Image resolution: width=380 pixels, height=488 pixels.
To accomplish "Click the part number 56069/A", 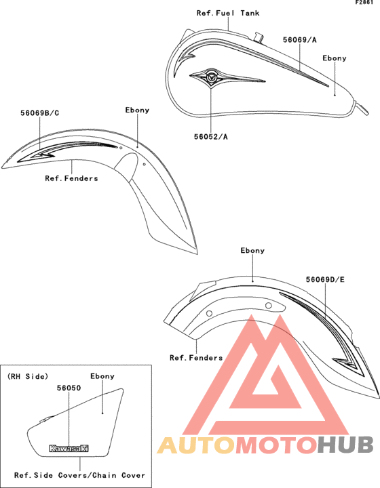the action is pyautogui.click(x=300, y=40).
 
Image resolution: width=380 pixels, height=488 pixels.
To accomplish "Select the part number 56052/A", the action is pyautogui.click(x=211, y=137).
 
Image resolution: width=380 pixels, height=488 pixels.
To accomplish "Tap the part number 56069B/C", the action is pyautogui.click(x=40, y=113).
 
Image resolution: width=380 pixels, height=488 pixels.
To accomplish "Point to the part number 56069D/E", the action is pyautogui.click(x=325, y=279).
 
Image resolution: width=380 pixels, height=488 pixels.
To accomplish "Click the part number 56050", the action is pyautogui.click(x=69, y=388).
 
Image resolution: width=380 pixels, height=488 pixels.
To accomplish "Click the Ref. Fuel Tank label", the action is pyautogui.click(x=228, y=13).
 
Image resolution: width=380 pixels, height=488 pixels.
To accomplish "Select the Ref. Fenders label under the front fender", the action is pyautogui.click(x=72, y=178).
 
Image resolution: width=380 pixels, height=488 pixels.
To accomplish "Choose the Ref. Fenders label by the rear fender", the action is pyautogui.click(x=196, y=358).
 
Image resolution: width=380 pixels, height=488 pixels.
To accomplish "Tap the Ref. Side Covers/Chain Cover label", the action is pyautogui.click(x=80, y=475).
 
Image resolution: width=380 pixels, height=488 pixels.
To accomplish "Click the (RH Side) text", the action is pyautogui.click(x=28, y=376).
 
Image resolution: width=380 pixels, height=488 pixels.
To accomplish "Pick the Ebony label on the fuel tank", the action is pyautogui.click(x=335, y=58).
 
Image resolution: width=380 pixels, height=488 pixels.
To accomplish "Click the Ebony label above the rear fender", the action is pyautogui.click(x=252, y=251).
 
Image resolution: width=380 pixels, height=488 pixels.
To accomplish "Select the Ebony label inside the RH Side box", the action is pyautogui.click(x=102, y=376).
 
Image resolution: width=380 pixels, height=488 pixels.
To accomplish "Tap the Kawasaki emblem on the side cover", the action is pyautogui.click(x=69, y=448).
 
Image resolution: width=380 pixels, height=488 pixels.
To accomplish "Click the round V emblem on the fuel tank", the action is pyautogui.click(x=212, y=77).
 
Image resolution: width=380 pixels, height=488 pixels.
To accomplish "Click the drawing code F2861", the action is pyautogui.click(x=364, y=3).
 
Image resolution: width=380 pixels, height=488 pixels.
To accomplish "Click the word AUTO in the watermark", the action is pyautogui.click(x=196, y=445).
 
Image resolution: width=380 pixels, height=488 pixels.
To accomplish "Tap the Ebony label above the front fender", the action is pyautogui.click(x=137, y=110).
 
